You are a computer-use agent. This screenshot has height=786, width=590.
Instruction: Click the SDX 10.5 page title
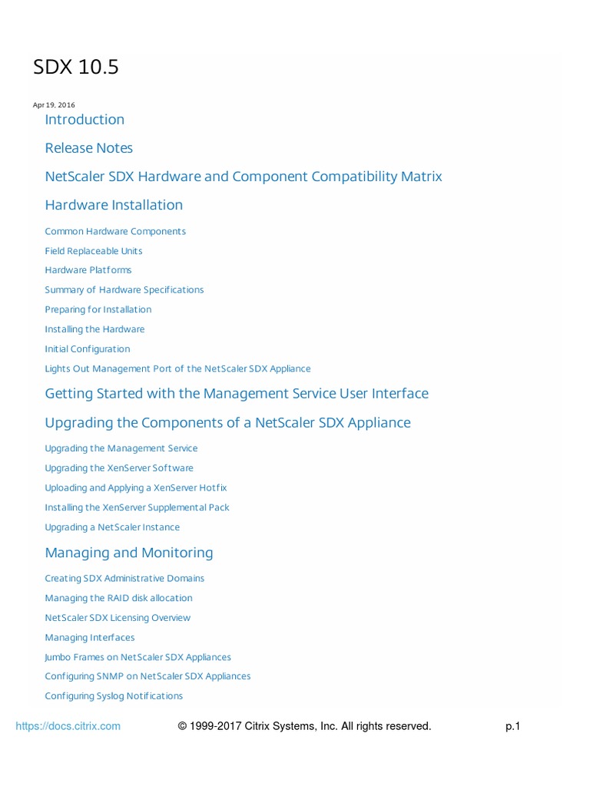coord(76,68)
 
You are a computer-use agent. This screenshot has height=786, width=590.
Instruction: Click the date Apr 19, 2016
coord(54,105)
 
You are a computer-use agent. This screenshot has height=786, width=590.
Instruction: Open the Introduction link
coord(85,119)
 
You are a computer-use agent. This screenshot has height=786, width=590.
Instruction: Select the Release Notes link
coord(88,147)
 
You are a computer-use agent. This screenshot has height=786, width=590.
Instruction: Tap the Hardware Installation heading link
coord(114,205)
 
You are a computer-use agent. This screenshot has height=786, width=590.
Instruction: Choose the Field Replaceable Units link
coord(94,251)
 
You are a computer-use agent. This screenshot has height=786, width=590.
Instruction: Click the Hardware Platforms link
coord(88,270)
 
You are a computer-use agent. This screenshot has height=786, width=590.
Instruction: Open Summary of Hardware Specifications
coord(124,290)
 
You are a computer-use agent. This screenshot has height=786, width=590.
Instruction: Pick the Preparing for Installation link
coord(98,310)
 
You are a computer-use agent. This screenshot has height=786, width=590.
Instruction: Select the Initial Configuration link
coord(88,349)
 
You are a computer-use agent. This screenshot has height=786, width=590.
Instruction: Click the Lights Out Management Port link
coord(177,369)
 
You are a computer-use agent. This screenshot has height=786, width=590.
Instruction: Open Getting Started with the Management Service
coord(237,394)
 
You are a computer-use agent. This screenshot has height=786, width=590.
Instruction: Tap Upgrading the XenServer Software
coord(119,468)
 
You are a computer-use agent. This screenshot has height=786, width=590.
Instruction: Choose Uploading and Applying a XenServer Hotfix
coord(136,488)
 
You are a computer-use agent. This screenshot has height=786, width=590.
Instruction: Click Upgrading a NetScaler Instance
coord(112,527)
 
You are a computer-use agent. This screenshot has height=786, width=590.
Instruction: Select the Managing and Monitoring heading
coord(129,553)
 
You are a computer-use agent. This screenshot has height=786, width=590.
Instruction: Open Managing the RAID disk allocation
coord(118,598)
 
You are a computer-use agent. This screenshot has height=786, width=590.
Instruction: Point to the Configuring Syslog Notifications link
coord(114,696)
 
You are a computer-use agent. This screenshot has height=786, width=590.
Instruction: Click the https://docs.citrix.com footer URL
coord(68,726)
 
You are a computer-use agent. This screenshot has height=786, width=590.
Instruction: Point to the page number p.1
coord(512,726)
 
